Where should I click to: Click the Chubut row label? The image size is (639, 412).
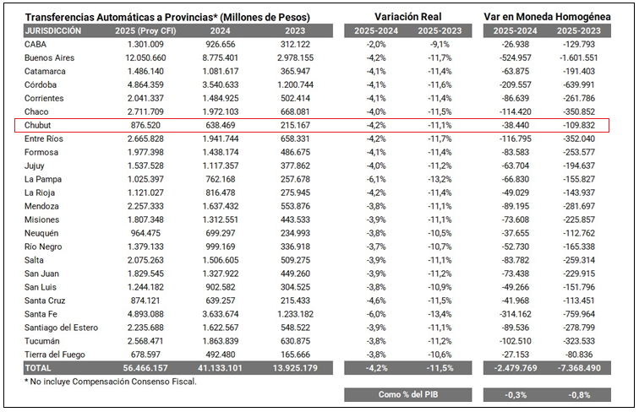pos(37,125)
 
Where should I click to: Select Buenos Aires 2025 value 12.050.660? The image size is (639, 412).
pos(145,57)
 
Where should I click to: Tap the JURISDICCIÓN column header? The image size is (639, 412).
pos(53,31)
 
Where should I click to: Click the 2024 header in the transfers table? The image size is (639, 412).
pos(220,31)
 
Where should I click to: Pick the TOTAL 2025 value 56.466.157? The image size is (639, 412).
pos(145,368)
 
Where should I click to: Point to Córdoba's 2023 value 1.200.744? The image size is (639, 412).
pos(295,84)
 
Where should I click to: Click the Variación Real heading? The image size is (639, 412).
pos(408,17)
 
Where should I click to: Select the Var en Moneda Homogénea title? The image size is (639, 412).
pos(547,17)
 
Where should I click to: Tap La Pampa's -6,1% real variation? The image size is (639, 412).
pos(376,179)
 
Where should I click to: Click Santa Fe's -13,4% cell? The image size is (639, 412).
pos(440,314)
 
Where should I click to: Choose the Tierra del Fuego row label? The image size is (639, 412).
pos(55,355)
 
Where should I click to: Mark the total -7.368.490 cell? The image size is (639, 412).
pos(579,368)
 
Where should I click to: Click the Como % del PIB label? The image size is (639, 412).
pos(408,394)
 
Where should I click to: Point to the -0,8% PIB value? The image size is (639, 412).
pos(579,395)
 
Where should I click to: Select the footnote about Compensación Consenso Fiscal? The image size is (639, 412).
pos(111,382)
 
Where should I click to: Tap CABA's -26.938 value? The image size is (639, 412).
pos(515,45)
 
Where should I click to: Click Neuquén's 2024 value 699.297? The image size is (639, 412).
pos(220,233)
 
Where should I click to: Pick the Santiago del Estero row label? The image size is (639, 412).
pos(61,328)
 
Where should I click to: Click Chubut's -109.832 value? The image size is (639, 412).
pos(579,125)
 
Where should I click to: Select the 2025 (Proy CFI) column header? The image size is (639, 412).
pos(145,31)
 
